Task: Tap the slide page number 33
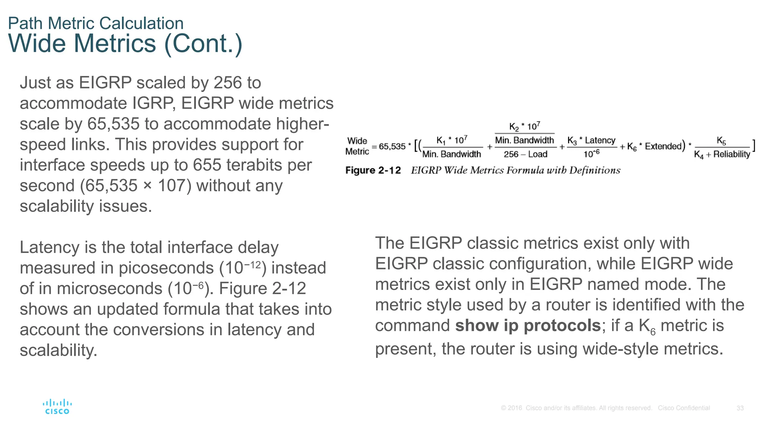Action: coord(740,408)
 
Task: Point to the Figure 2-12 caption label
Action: coord(373,170)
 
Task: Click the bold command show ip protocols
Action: coord(528,325)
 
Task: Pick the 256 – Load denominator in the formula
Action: coord(525,154)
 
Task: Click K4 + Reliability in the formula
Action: coord(722,154)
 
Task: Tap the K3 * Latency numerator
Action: coord(591,140)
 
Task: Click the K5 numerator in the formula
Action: coord(721,141)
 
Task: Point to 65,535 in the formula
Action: coord(392,147)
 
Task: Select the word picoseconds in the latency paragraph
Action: coord(166,268)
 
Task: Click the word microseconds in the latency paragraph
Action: coord(109,289)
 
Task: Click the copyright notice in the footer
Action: coord(576,408)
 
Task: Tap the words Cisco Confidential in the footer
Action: coord(684,408)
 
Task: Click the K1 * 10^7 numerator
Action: coord(451,140)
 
